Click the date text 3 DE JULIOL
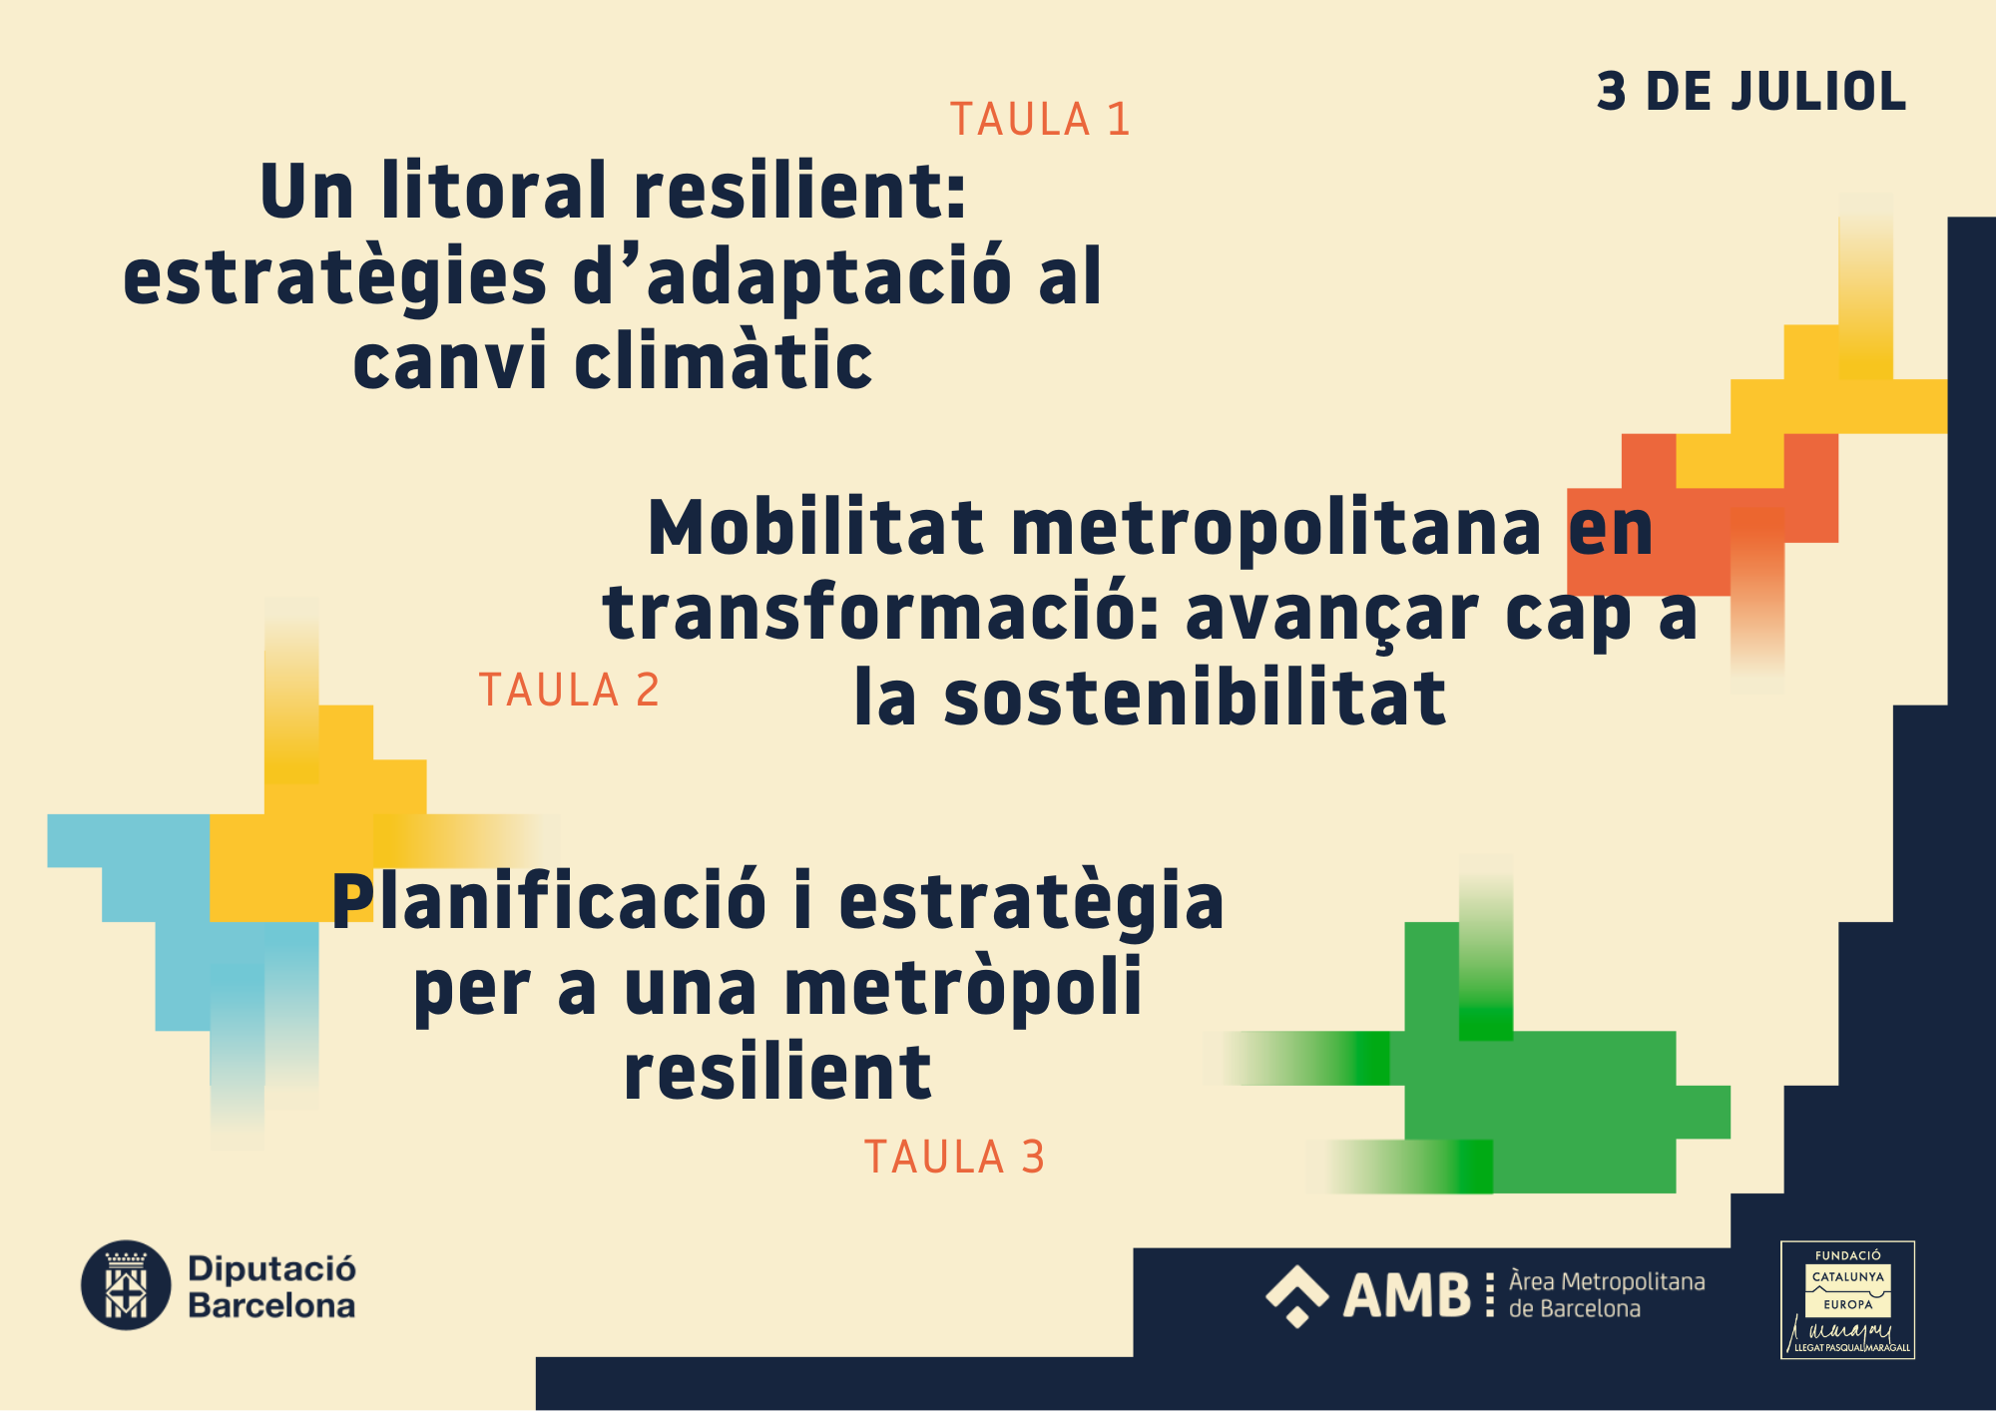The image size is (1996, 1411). coord(1751,92)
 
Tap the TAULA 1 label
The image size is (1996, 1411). coord(1040,120)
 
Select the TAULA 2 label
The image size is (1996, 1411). coord(569,691)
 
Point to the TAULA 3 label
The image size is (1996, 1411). coord(954,1158)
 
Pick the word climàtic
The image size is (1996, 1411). coord(724,360)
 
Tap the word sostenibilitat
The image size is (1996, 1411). coord(1195,698)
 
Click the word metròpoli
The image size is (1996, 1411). coord(963,988)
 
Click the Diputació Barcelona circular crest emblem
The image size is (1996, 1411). coord(126,1285)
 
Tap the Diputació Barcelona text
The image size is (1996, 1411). coord(271,1287)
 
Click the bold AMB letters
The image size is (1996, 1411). coord(1407,1295)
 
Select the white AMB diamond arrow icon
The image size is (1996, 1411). coord(1296,1296)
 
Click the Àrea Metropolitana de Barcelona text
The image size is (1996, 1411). coord(1607,1295)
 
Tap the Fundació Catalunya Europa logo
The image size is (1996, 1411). coord(1847,1299)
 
